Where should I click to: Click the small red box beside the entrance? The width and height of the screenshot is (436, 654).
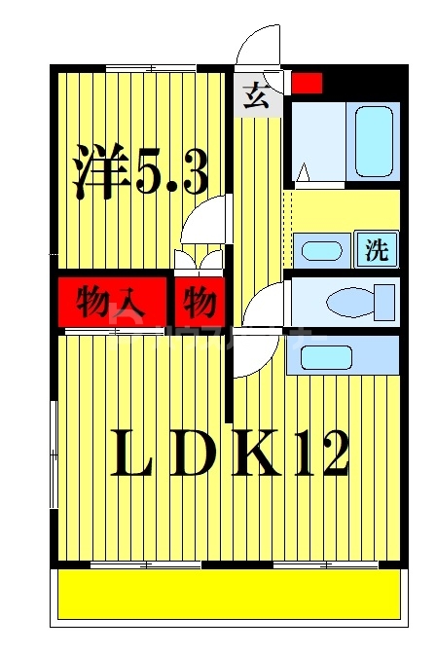point(307,84)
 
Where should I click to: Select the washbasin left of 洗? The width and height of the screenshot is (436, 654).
point(319,250)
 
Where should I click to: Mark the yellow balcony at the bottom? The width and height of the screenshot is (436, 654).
point(229,594)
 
